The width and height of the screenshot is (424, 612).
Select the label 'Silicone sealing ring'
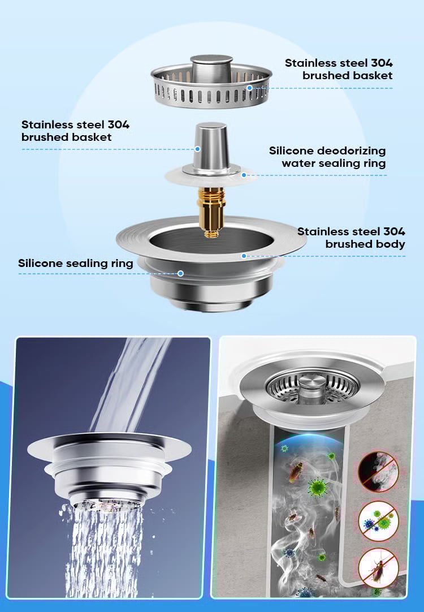(x=76, y=263)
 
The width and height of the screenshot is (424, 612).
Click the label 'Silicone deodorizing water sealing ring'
(x=327, y=157)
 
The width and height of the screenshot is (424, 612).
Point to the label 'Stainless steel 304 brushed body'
(x=351, y=238)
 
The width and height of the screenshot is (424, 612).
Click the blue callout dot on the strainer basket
(x=249, y=88)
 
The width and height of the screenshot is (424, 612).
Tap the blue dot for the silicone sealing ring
(x=180, y=273)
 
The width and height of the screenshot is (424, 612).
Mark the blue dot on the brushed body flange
(x=244, y=256)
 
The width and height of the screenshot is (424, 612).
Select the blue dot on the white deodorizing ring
(x=244, y=175)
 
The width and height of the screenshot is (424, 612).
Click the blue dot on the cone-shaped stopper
(x=197, y=149)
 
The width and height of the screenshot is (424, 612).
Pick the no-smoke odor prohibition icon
(x=378, y=472)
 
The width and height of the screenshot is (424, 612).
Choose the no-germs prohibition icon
(x=378, y=521)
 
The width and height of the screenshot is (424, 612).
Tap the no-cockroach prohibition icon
(x=378, y=568)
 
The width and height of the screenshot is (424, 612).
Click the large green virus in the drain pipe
(x=318, y=488)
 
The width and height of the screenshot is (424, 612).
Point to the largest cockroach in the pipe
(x=296, y=471)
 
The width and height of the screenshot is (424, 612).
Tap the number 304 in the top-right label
(x=382, y=63)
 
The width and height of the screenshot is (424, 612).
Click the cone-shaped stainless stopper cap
(x=211, y=148)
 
